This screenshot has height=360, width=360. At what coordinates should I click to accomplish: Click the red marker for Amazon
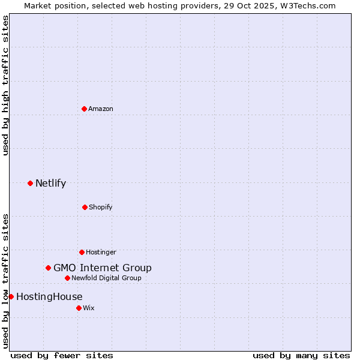[x=84, y=109]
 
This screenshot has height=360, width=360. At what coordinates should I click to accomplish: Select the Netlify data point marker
[x=30, y=183]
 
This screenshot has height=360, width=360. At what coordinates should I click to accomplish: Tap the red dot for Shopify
[x=85, y=207]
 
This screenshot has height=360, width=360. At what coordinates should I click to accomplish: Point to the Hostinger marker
[x=82, y=252]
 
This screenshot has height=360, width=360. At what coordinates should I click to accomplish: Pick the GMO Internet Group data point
[x=48, y=268]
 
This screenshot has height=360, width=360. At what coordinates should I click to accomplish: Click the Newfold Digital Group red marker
[x=67, y=278]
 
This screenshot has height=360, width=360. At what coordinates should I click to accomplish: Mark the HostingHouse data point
[x=11, y=296]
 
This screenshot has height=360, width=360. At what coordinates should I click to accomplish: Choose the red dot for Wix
[x=79, y=308]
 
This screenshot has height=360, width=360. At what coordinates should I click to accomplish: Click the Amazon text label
[x=101, y=109]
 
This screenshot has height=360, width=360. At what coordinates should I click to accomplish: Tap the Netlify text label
[x=50, y=183]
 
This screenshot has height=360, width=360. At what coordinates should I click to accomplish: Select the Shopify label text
[x=101, y=207]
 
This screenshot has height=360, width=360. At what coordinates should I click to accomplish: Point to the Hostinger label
[x=101, y=252]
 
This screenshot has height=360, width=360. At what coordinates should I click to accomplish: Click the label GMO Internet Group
[x=103, y=268]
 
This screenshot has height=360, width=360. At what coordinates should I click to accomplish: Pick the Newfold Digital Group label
[x=106, y=278]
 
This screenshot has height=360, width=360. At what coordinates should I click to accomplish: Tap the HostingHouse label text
[x=49, y=296]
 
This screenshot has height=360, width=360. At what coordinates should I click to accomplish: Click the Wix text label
[x=89, y=308]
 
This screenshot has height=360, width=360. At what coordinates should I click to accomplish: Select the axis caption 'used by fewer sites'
[x=62, y=355]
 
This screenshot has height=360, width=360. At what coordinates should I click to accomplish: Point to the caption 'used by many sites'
[x=301, y=355]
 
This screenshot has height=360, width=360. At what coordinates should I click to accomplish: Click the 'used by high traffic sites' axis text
[x=5, y=85]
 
